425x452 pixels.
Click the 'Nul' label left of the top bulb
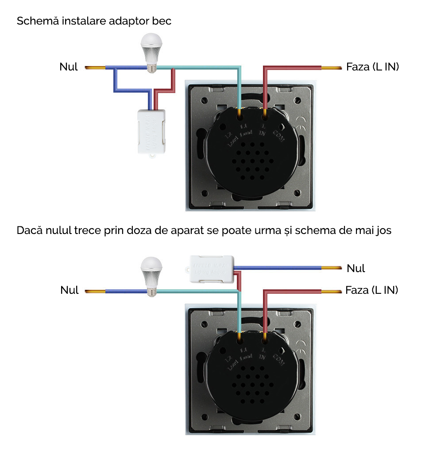tap(68, 67)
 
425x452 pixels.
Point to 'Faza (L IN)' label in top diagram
tap(372, 67)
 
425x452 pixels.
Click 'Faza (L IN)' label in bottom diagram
tap(372, 290)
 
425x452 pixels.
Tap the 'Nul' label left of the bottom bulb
tap(69, 290)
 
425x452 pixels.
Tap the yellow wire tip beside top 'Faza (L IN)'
tap(332, 68)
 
